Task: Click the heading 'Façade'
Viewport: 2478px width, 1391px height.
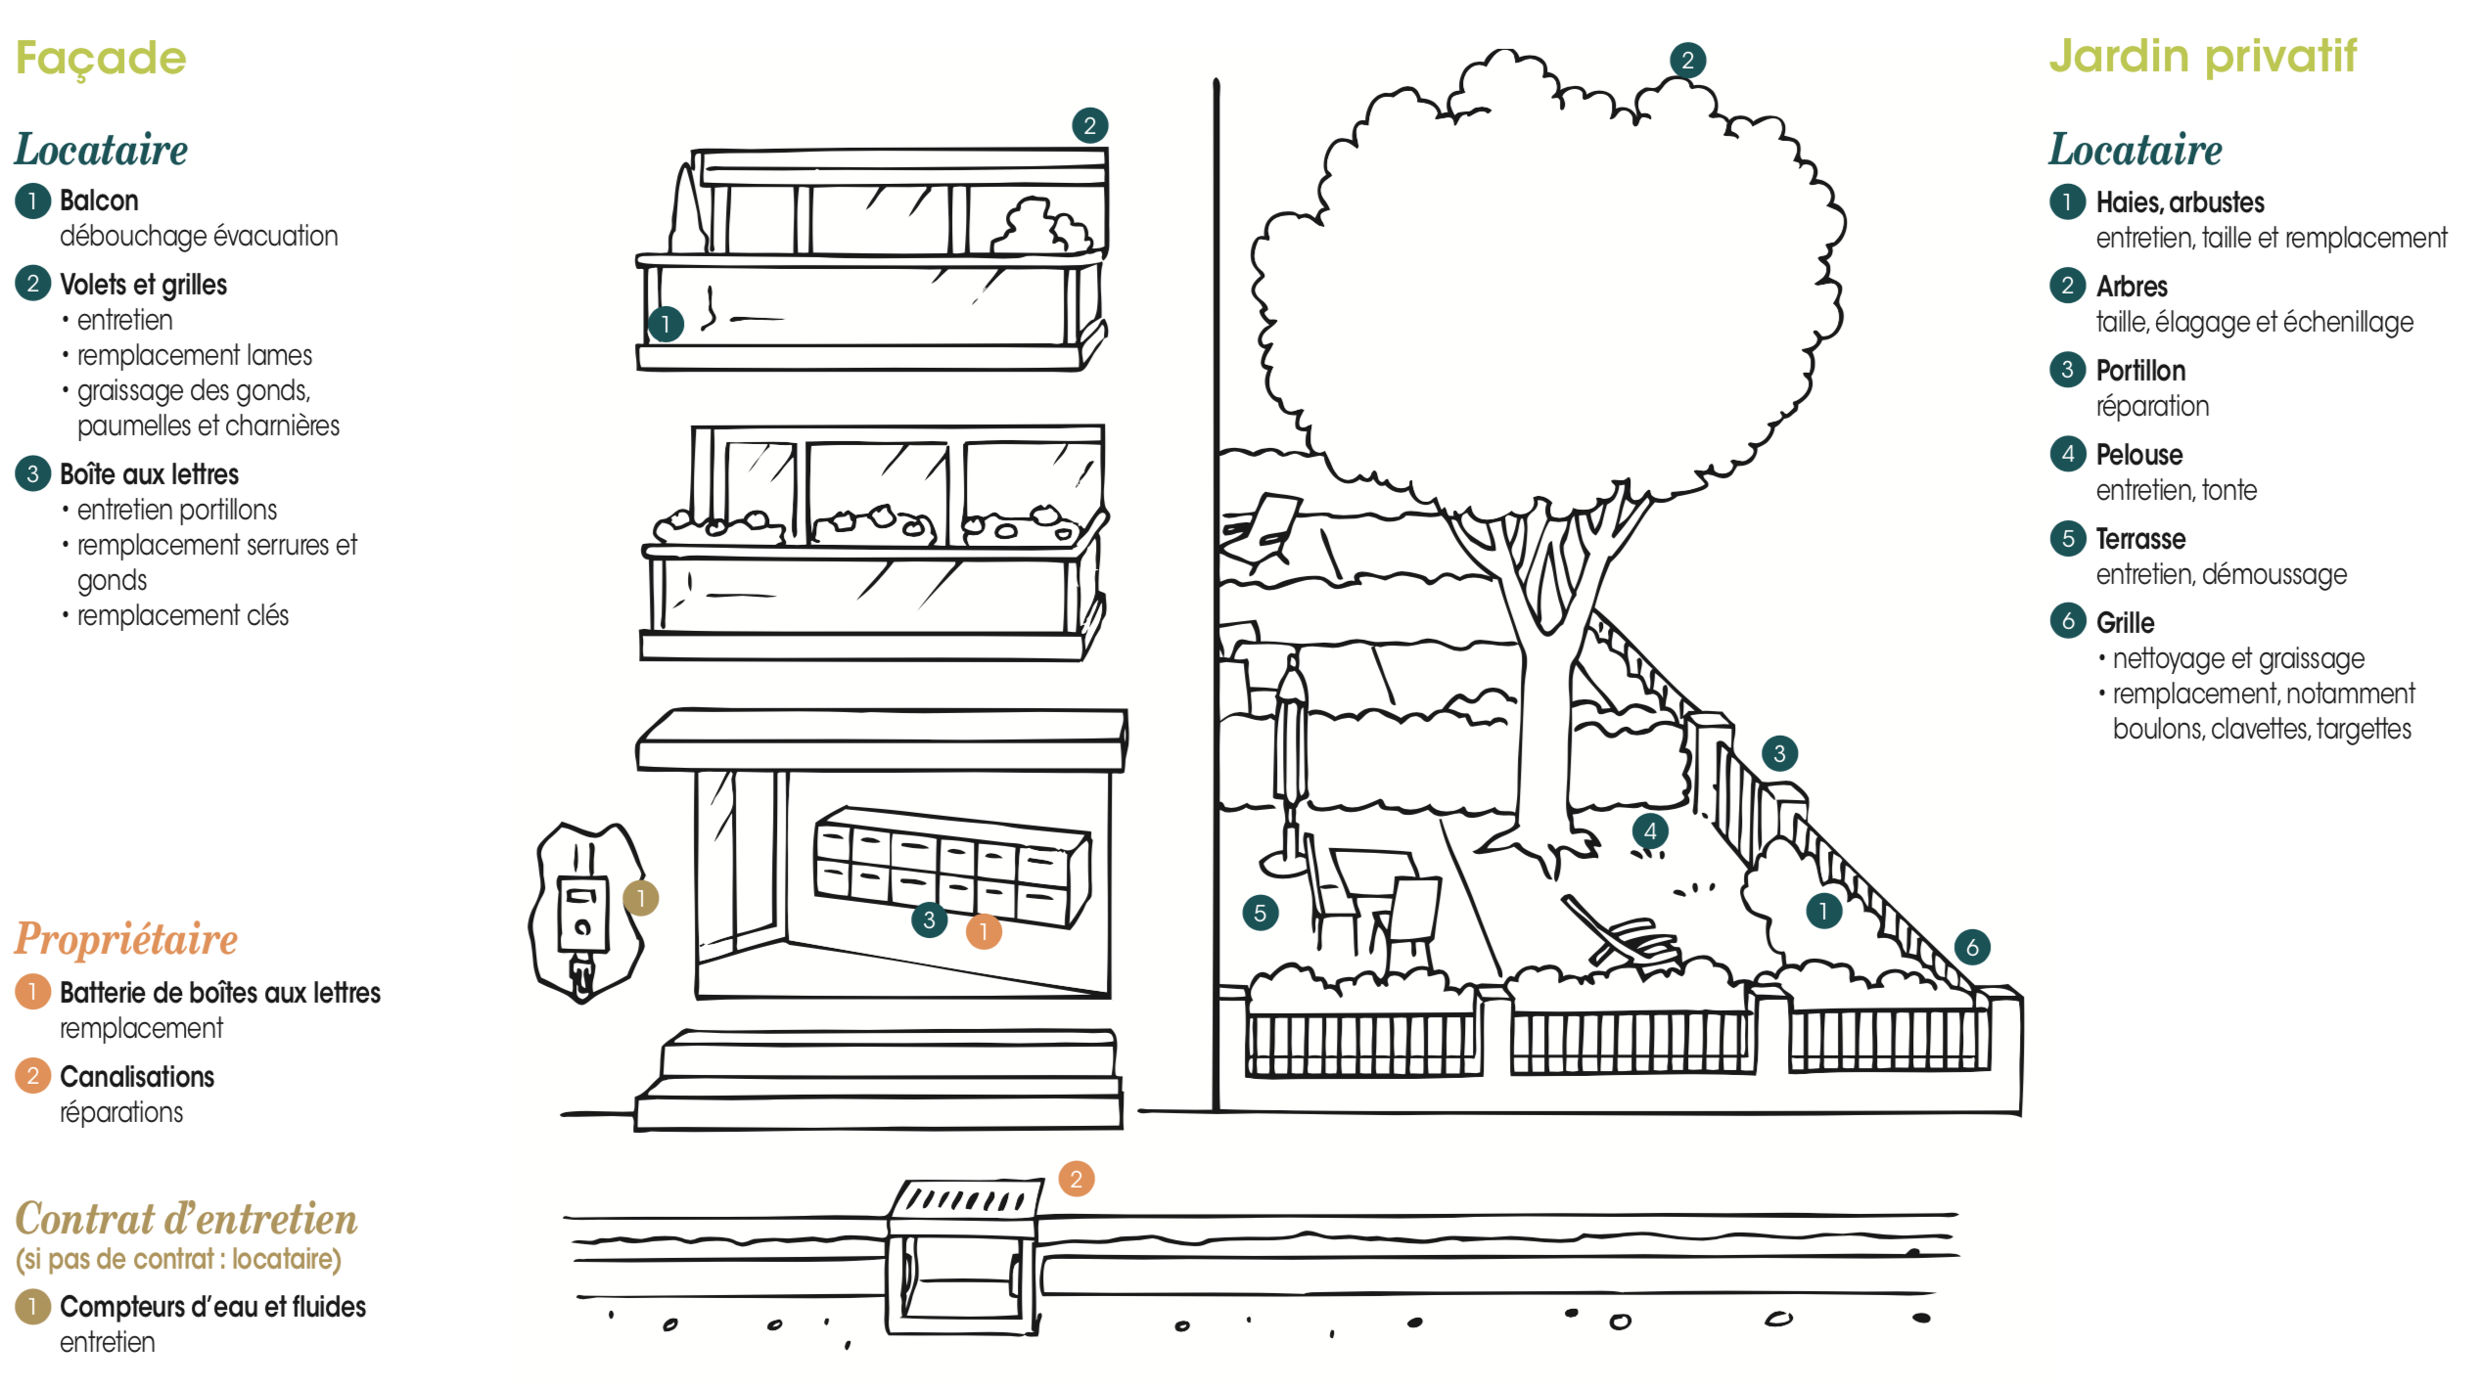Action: (101, 58)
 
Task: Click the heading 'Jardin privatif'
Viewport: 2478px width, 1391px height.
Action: (2202, 56)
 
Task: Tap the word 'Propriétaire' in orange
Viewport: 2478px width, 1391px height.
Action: (126, 939)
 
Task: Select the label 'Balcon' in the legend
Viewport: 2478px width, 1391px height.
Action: (99, 201)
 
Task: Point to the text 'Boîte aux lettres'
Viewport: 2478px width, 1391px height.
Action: (149, 474)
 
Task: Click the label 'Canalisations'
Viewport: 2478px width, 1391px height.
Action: (137, 1077)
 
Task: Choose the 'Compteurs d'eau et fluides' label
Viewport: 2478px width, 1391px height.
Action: (212, 1307)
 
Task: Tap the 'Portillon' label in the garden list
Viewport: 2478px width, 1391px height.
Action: (2140, 371)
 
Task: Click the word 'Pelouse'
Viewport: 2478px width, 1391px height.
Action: (2138, 455)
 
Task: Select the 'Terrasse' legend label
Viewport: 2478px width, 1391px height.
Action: (2140, 539)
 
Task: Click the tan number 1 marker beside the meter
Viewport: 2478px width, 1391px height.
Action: (640, 898)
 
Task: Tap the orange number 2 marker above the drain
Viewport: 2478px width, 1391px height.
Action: (1076, 1179)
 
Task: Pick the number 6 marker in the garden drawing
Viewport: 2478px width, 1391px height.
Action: (1972, 947)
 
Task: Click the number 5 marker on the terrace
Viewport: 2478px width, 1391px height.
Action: (1260, 914)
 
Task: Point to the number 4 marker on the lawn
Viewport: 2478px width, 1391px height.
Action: (1650, 831)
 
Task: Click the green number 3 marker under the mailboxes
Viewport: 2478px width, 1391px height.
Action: (929, 920)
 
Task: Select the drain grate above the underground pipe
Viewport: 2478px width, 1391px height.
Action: (964, 1199)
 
